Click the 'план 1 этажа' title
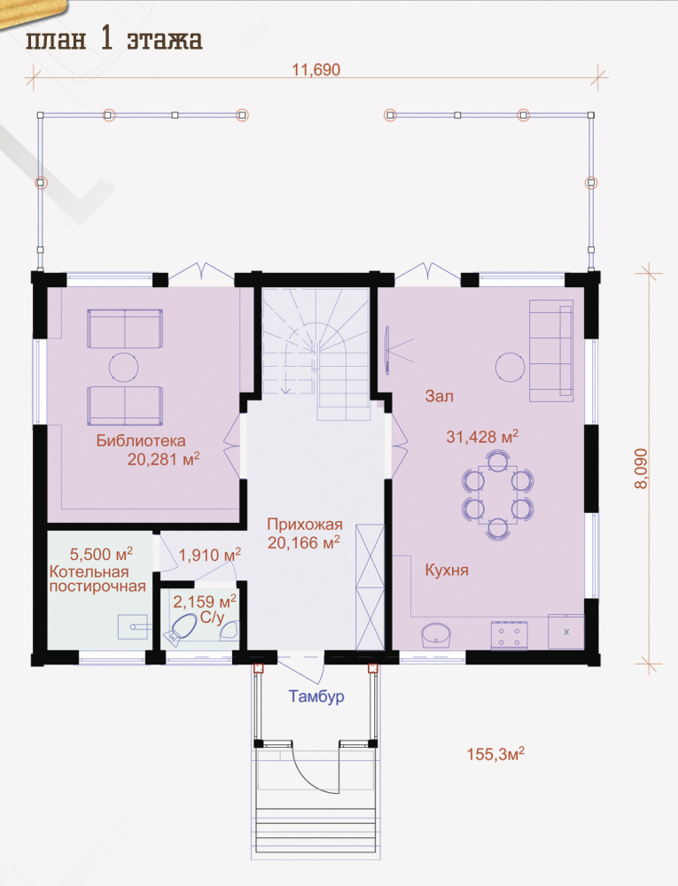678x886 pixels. [x=114, y=40]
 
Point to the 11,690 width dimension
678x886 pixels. [x=316, y=70]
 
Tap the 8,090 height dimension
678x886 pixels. [x=643, y=469]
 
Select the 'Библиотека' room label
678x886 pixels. [x=141, y=440]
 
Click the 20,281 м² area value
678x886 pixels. [x=163, y=459]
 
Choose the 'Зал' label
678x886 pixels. [x=439, y=396]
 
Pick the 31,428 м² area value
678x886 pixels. [x=482, y=436]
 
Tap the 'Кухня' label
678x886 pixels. [x=447, y=570]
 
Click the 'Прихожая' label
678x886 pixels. [x=305, y=525]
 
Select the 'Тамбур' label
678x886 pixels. [x=316, y=696]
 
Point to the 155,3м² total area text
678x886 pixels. [x=495, y=754]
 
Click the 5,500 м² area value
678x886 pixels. [x=101, y=554]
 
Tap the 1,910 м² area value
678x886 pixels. [x=210, y=555]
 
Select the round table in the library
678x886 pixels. [x=123, y=368]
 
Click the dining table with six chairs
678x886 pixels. [x=497, y=494]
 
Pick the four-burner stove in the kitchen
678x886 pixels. [x=510, y=634]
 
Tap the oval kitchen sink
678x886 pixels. [x=437, y=635]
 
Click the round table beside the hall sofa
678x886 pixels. [x=510, y=368]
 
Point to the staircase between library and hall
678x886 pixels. [x=316, y=354]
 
